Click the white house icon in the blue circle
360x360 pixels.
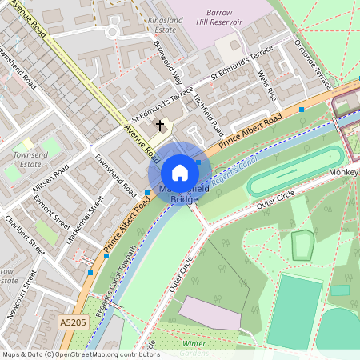click(x=180, y=172)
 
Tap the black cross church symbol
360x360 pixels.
click(x=160, y=125)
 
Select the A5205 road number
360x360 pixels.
click(x=70, y=322)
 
